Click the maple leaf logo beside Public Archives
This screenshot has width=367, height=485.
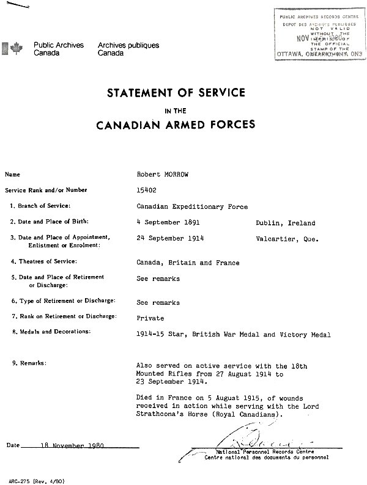point(18,48)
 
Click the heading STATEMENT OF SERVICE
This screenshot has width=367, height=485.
point(176,93)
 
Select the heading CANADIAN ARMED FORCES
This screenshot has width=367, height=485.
point(176,126)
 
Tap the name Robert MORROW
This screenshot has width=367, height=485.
point(162,174)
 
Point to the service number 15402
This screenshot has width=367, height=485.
point(147,189)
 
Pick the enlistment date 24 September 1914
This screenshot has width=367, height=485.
point(170,239)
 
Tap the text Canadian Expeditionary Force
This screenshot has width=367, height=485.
point(192,206)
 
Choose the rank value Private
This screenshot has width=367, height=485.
point(150,318)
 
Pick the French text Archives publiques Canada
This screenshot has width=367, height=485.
point(128,49)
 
